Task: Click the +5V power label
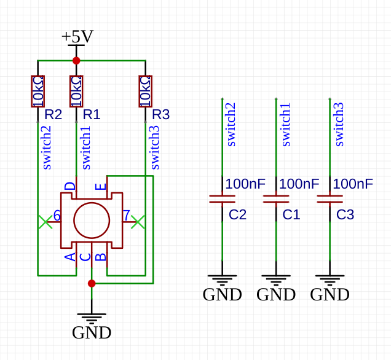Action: pyautogui.click(x=77, y=37)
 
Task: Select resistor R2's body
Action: pyautogui.click(x=38, y=90)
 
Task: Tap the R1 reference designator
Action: pyautogui.click(x=92, y=114)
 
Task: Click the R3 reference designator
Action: pyautogui.click(x=160, y=114)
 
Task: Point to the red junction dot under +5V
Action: pyautogui.click(x=76, y=60)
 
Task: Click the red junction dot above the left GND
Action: pyautogui.click(x=92, y=283)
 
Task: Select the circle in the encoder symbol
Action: pyautogui.click(x=92, y=221)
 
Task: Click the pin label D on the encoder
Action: pyautogui.click(x=70, y=186)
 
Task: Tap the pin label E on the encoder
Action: pyautogui.click(x=101, y=186)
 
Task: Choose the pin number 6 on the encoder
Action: pyautogui.click(x=57, y=216)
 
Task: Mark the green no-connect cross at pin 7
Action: pyautogui.click(x=138, y=221)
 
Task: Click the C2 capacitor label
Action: pyautogui.click(x=238, y=215)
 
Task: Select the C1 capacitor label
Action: pyautogui.click(x=291, y=215)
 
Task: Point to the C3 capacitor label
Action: pyautogui.click(x=346, y=215)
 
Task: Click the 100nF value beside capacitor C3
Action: pyautogui.click(x=353, y=184)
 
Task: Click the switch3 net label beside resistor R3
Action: pyautogui.click(x=154, y=147)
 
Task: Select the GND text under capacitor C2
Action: pyautogui.click(x=222, y=295)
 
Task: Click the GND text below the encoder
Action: pyautogui.click(x=92, y=332)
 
